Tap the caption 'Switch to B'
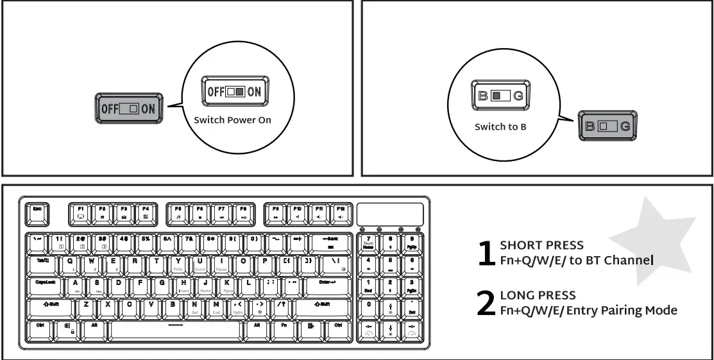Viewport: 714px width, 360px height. [500, 127]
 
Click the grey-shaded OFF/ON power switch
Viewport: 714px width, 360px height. [128, 108]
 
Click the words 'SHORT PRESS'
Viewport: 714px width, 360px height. [532, 246]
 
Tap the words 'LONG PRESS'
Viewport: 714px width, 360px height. [529, 296]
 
